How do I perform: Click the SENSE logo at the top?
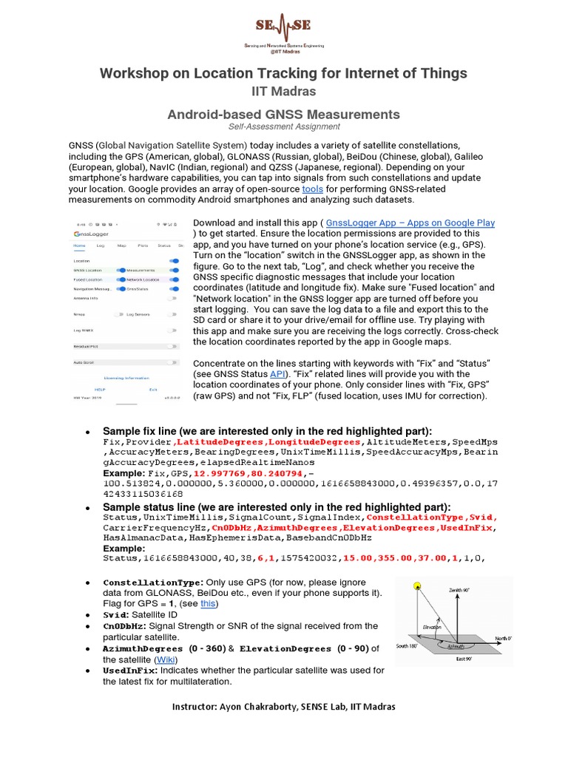click(283, 33)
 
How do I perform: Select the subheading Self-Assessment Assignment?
click(283, 126)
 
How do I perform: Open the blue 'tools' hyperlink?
click(313, 189)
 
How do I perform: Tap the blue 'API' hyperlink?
click(277, 375)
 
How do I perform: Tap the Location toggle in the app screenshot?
click(174, 261)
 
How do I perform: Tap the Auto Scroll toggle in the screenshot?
click(173, 362)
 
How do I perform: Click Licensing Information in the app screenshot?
click(126, 377)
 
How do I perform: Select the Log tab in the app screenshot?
click(101, 245)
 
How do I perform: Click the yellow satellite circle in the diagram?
click(416, 586)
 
